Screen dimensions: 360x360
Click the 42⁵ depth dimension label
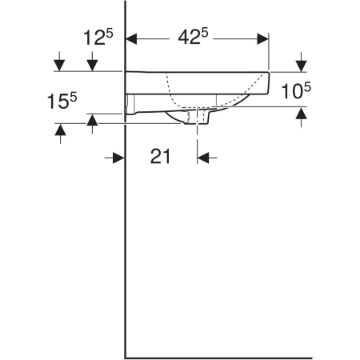[x=193, y=37]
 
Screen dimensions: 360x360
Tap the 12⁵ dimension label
[x=98, y=37]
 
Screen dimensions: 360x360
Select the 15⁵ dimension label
[x=62, y=101]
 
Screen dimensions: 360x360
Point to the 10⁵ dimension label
[x=296, y=90]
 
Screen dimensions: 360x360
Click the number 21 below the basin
[x=160, y=157]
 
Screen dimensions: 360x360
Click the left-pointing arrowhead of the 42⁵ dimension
[x=131, y=39]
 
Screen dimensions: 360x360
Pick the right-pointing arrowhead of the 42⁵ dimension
[x=262, y=39]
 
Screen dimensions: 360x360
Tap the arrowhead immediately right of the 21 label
[x=203, y=158]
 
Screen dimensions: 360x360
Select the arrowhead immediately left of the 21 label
[x=118, y=158]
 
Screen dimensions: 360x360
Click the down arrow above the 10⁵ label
[x=302, y=66]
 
